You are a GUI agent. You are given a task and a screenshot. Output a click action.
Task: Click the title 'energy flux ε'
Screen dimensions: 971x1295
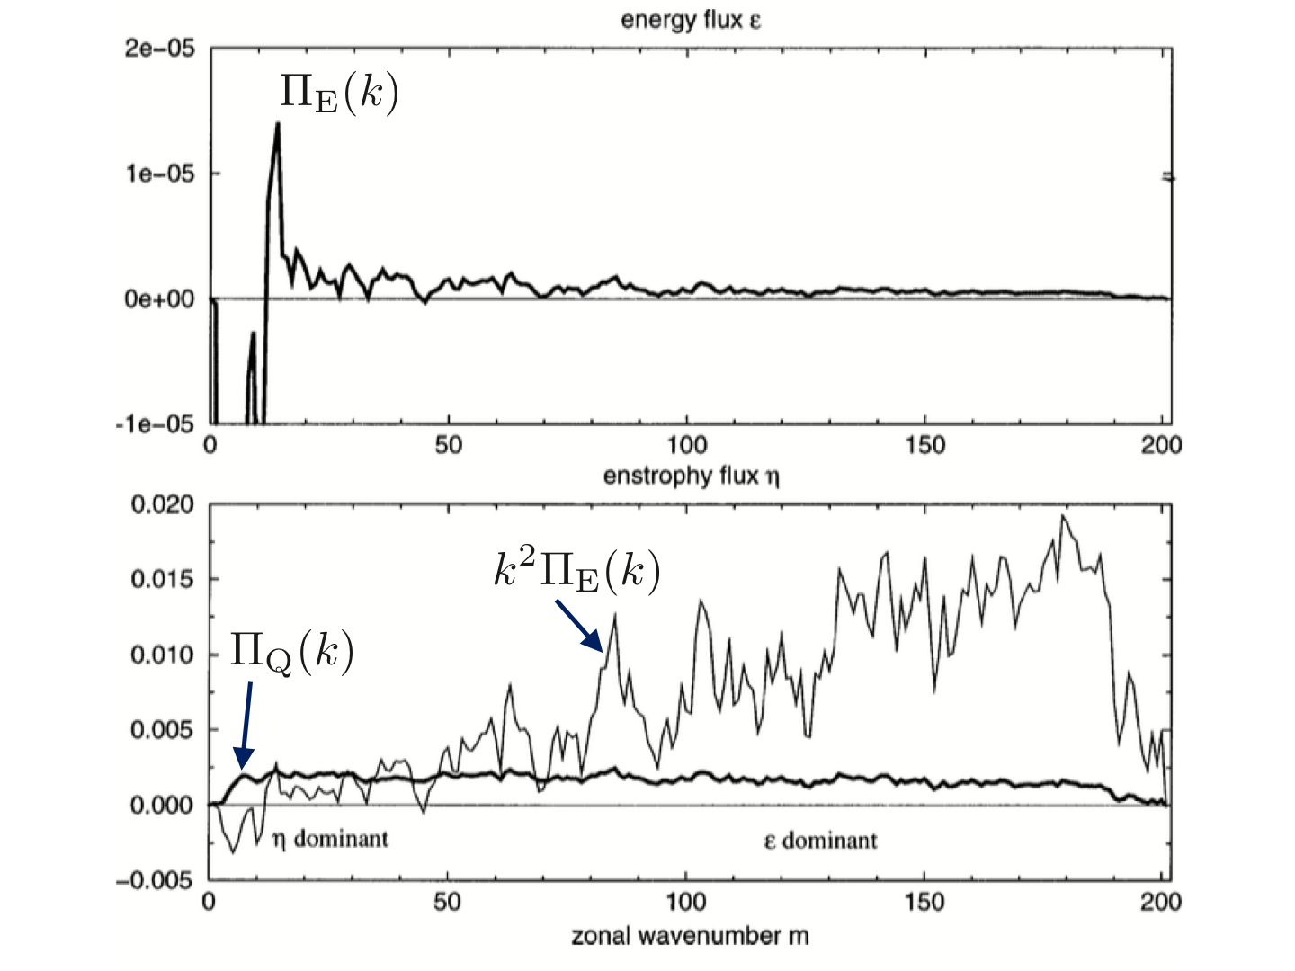point(690,21)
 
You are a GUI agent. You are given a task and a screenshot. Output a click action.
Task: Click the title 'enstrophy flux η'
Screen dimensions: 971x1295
point(691,475)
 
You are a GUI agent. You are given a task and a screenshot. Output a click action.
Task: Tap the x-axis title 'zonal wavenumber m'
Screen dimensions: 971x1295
point(690,936)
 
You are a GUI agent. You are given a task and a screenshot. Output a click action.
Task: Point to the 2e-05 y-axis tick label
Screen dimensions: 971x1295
point(159,49)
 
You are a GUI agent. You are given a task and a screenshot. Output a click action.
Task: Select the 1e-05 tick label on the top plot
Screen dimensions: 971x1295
point(159,174)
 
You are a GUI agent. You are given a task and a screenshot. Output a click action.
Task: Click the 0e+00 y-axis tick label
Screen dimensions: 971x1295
point(159,298)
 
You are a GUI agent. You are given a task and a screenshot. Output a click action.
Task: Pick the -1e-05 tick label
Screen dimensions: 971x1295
point(155,423)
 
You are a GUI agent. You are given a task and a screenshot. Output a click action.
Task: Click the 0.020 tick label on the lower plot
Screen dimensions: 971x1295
point(162,504)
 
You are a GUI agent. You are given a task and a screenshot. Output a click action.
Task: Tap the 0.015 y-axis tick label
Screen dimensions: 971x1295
point(162,579)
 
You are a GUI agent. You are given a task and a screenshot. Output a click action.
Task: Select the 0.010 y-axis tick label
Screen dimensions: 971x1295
point(162,655)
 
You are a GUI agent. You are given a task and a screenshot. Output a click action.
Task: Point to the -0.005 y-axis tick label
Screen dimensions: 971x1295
point(155,880)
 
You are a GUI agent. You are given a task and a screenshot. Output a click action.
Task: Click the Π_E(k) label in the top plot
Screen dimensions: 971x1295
point(338,94)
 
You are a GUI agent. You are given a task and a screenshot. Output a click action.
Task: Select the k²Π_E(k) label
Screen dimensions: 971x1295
point(576,571)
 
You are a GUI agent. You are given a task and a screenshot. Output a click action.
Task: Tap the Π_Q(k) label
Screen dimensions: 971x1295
point(291,651)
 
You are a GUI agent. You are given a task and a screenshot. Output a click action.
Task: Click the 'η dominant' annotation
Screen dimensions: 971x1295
point(330,840)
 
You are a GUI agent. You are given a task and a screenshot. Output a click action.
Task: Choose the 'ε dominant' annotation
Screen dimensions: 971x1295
point(820,842)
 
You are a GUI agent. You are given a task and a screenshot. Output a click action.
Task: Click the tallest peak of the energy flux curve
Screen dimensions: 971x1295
point(278,123)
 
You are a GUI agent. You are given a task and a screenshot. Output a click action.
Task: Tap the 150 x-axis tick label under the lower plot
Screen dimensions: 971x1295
point(925,901)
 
